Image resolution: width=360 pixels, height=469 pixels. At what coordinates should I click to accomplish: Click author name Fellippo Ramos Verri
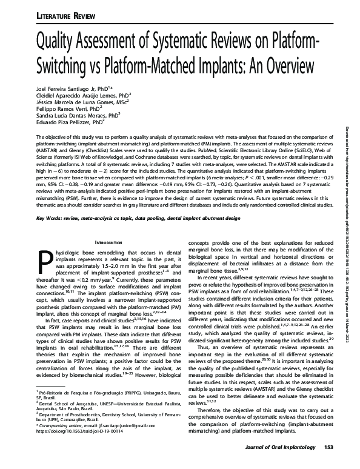[62, 109]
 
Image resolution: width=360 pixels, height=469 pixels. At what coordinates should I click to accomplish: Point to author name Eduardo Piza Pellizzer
[66, 122]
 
